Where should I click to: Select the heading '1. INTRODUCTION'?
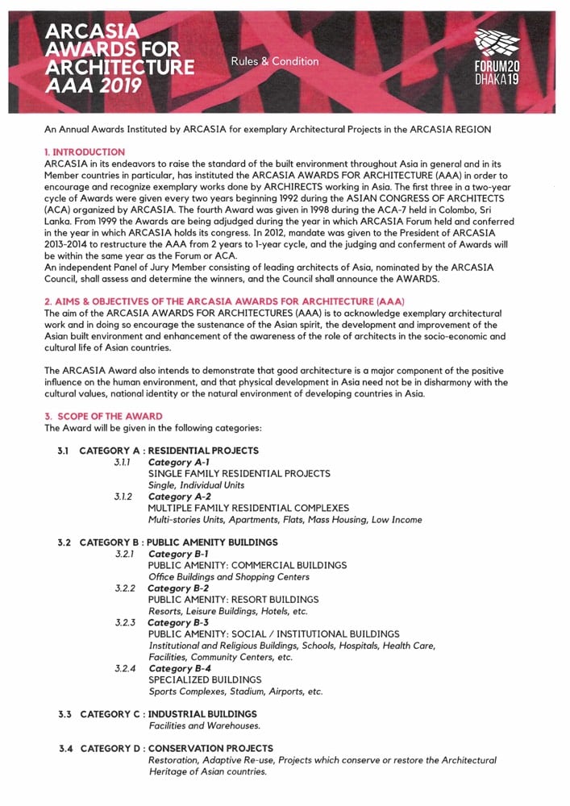pyautogui.click(x=85, y=152)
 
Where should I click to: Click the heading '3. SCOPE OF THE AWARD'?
pyautogui.click(x=103, y=416)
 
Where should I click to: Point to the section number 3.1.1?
pyautogui.click(x=123, y=463)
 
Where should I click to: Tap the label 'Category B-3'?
pyautogui.click(x=179, y=622)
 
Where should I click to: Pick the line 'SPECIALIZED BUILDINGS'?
pyautogui.click(x=205, y=679)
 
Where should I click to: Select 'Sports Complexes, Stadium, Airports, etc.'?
pyautogui.click(x=235, y=692)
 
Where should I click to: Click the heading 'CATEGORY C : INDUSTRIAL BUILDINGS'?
pyautogui.click(x=168, y=714)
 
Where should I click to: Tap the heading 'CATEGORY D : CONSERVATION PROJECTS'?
pyautogui.click(x=176, y=749)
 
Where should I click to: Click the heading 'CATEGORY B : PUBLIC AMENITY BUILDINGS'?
pyautogui.click(x=178, y=542)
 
